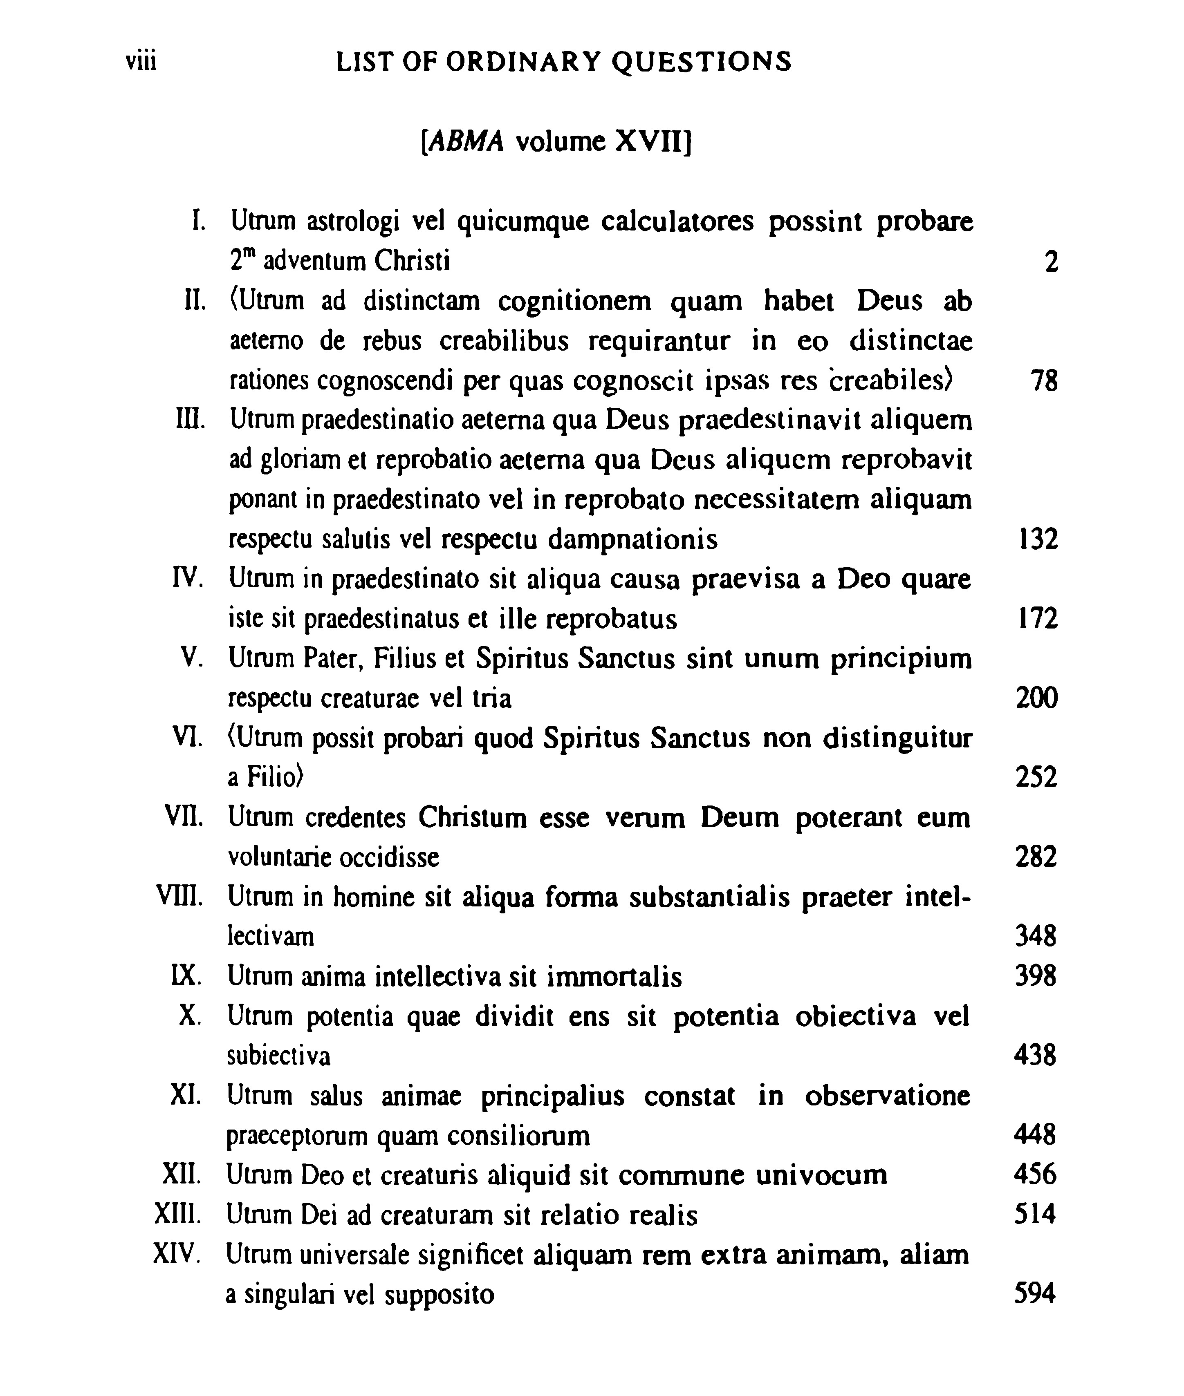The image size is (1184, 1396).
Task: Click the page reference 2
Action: pos(1051,262)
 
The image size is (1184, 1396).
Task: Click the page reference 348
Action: pos(1036,936)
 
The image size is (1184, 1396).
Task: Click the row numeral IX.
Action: pos(186,976)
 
